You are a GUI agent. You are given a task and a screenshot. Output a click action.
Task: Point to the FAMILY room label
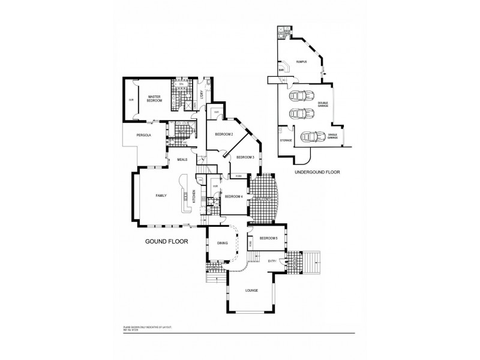161,196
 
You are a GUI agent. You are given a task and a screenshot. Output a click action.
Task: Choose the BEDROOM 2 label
223,134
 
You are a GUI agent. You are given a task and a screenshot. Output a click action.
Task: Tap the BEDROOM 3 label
245,157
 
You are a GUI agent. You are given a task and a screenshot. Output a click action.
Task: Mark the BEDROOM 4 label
233,197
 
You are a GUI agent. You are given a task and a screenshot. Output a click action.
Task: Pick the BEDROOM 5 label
268,239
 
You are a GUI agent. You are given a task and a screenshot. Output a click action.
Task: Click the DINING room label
221,244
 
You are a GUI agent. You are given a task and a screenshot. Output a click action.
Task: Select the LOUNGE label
252,291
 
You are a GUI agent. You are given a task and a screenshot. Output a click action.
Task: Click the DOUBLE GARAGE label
323,104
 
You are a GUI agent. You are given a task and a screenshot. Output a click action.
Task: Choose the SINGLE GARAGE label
332,137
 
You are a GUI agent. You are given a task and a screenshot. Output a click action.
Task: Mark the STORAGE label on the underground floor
286,140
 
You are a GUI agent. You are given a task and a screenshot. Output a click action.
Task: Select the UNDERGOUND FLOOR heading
317,172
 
